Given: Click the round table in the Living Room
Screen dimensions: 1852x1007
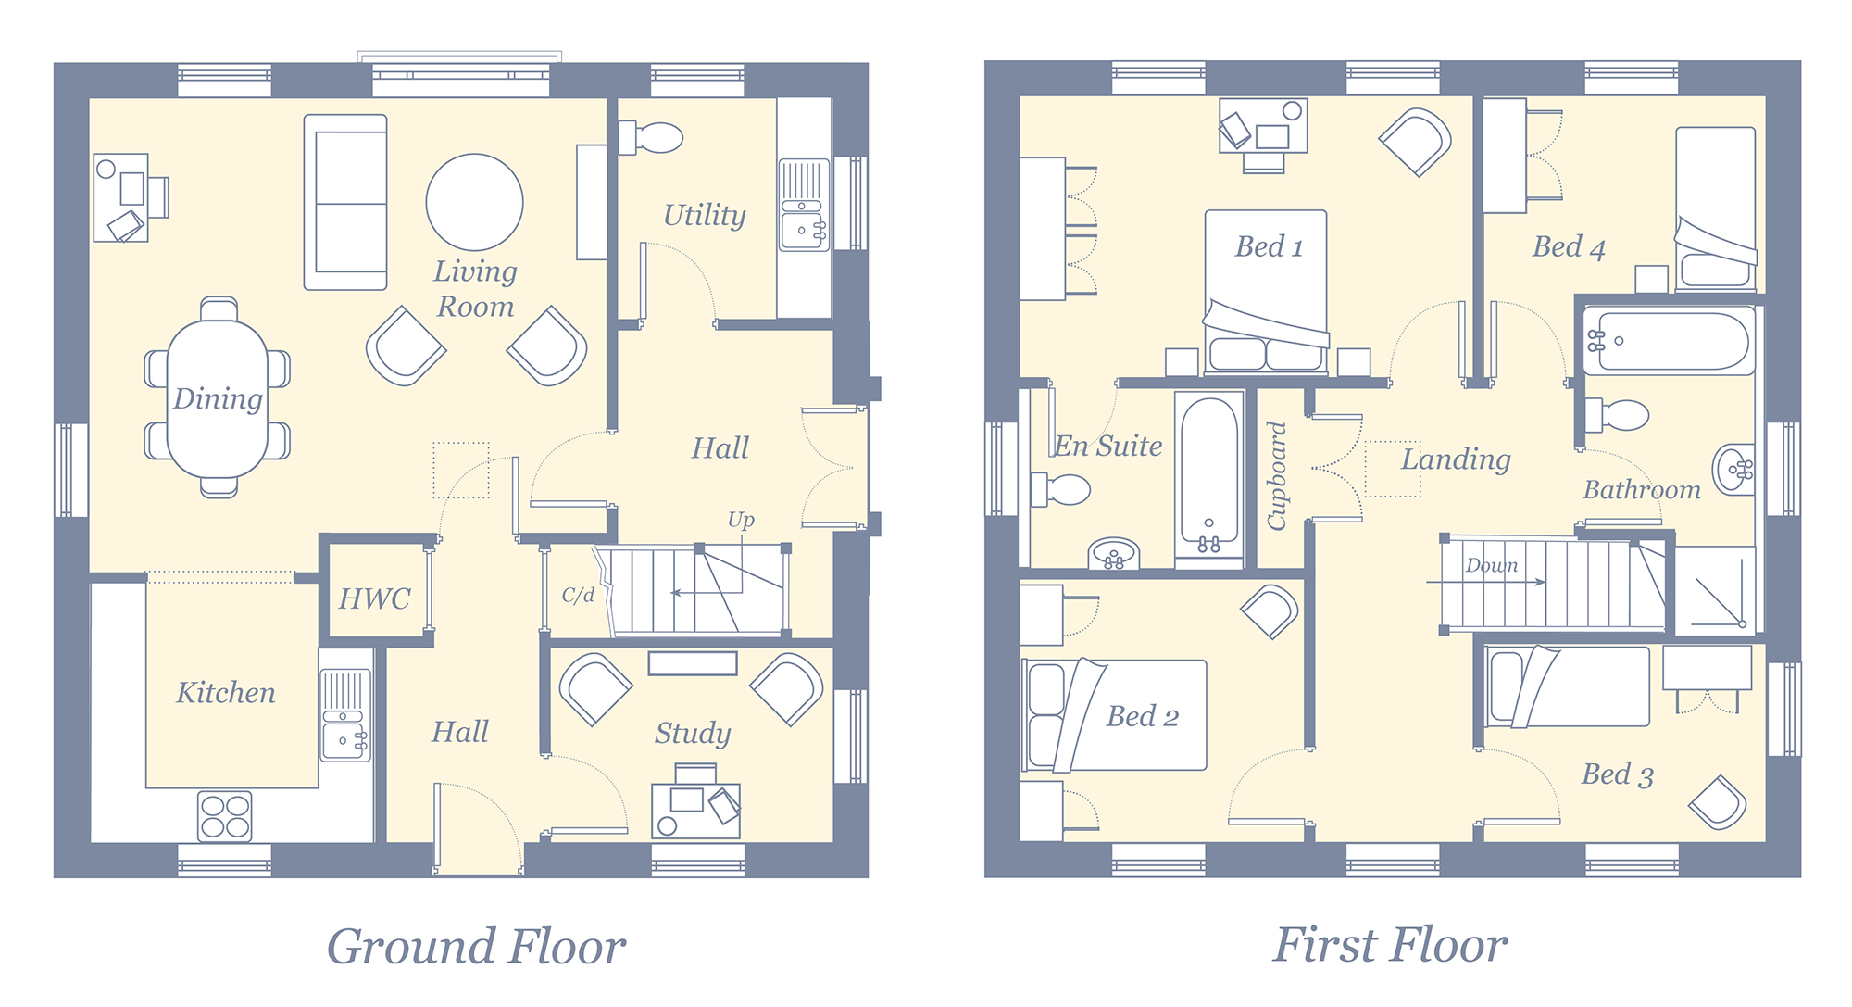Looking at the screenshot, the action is (474, 202).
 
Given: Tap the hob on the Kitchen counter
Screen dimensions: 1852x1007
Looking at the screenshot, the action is (225, 816).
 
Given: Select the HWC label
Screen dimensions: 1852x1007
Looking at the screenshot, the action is (374, 599).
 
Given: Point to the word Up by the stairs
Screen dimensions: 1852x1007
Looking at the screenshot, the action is (741, 521).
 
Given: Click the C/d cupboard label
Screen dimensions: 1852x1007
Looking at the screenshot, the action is (578, 595).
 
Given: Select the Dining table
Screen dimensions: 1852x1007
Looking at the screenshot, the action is (218, 397).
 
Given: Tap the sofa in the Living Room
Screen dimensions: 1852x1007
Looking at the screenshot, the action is (345, 202).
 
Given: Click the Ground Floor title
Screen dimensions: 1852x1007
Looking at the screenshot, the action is (476, 947).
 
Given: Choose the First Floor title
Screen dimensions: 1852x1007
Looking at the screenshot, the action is (1390, 945).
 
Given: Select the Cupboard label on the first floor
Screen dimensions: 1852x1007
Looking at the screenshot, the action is (1278, 476).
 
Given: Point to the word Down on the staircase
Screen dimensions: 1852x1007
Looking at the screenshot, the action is (1492, 565).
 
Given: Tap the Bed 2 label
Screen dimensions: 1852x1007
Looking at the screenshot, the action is (1143, 716).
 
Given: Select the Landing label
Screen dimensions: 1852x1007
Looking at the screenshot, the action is (1456, 459).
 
